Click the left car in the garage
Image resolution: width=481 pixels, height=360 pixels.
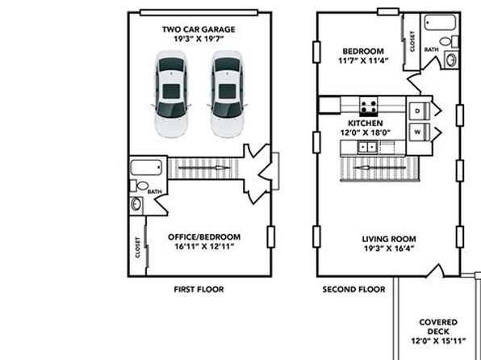point(171,94)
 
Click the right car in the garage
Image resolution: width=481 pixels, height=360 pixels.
point(228,94)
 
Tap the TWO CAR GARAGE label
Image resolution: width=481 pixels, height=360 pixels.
point(199,30)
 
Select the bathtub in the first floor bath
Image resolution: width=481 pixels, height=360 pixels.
point(146,167)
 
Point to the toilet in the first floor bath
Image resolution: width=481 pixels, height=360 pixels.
point(140,186)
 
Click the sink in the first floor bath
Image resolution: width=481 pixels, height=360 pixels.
point(136,204)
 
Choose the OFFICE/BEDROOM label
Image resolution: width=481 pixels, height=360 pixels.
point(204,237)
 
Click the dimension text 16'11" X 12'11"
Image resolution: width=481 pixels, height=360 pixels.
point(204,246)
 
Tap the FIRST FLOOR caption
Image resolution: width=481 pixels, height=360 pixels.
point(199,290)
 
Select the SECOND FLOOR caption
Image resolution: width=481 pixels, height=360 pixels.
point(353,290)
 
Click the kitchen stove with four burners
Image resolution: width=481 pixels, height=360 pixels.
point(369,107)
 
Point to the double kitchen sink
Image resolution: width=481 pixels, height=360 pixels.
point(367,147)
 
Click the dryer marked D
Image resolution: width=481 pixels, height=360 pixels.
point(420,111)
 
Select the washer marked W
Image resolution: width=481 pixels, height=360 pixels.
point(420,132)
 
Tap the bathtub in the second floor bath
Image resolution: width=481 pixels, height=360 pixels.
point(440,23)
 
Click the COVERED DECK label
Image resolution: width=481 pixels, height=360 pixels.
point(438,327)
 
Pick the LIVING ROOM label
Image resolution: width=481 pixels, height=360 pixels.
point(389,239)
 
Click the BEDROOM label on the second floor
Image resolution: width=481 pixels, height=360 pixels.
point(363,51)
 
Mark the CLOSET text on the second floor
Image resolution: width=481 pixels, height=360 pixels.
point(412,41)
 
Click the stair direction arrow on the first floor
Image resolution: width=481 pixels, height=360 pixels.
point(204,168)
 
